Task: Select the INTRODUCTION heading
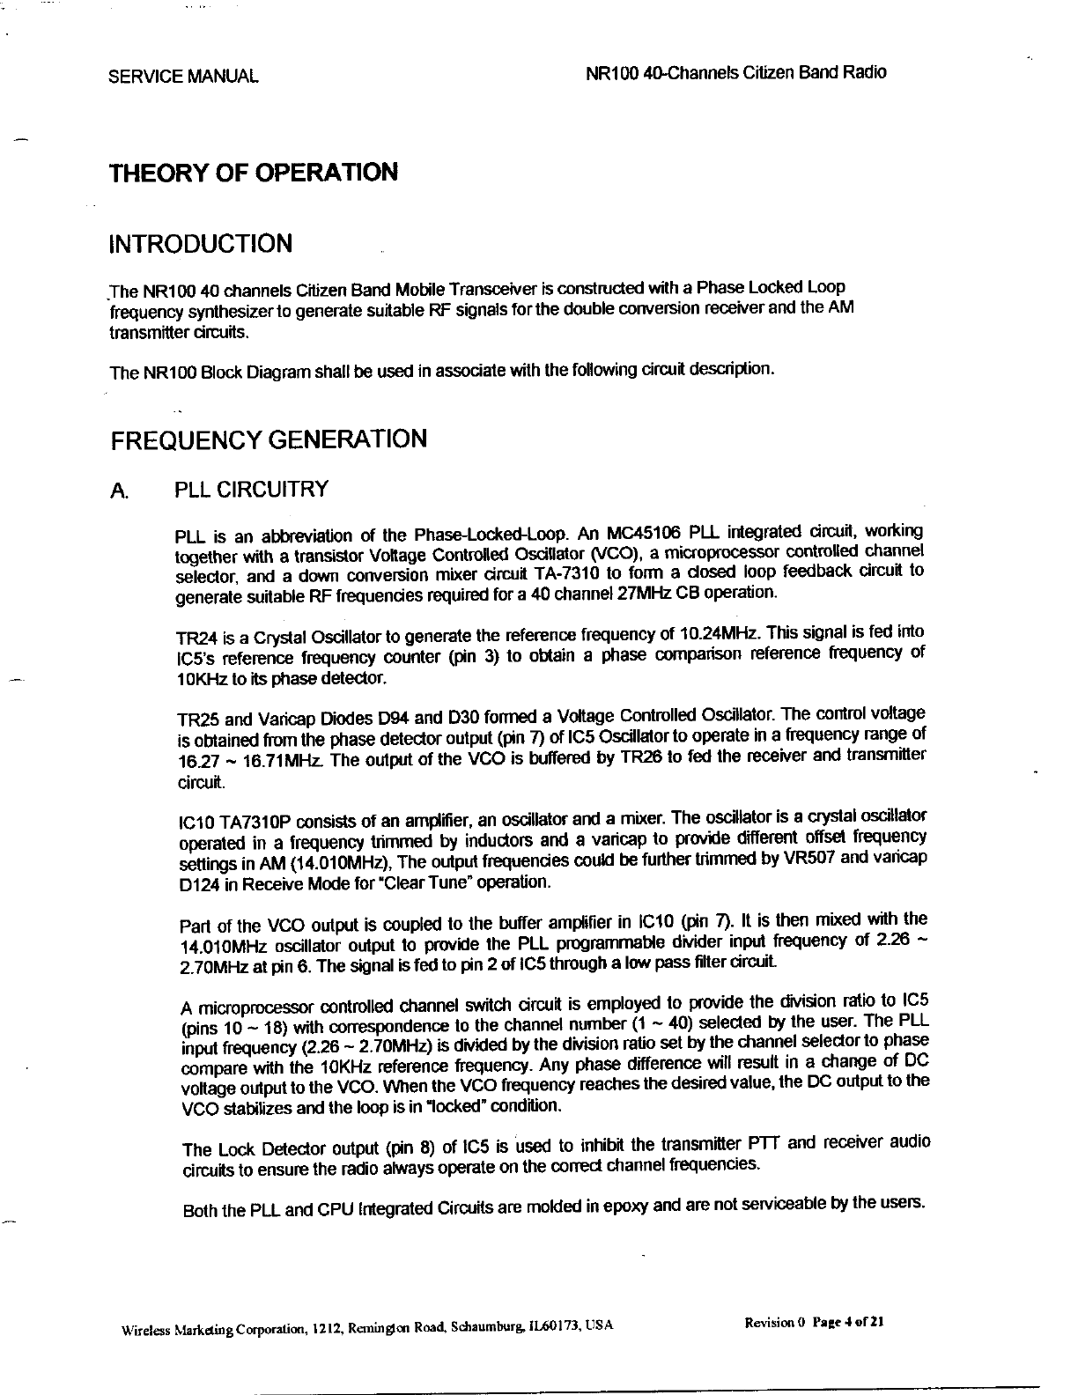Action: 200,243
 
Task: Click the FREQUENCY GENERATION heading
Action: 268,439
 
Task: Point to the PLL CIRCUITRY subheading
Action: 252,490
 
